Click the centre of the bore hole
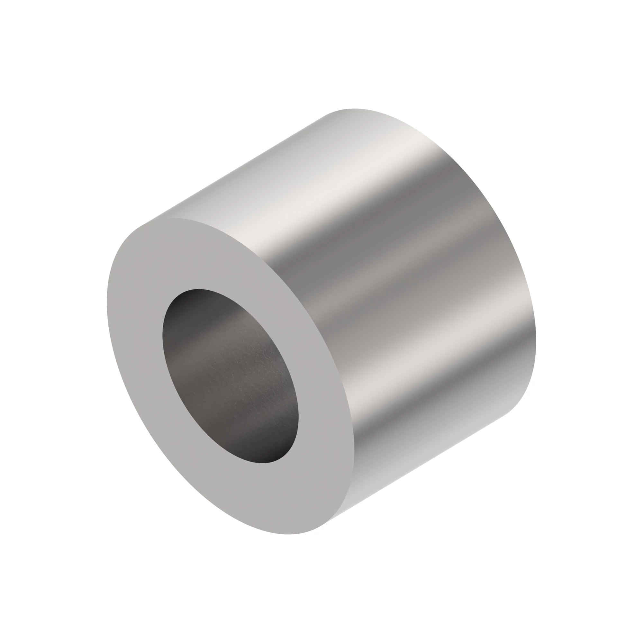click(x=230, y=376)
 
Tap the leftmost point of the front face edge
click(x=107, y=300)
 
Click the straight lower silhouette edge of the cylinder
click(x=423, y=463)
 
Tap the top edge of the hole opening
click(x=200, y=289)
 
